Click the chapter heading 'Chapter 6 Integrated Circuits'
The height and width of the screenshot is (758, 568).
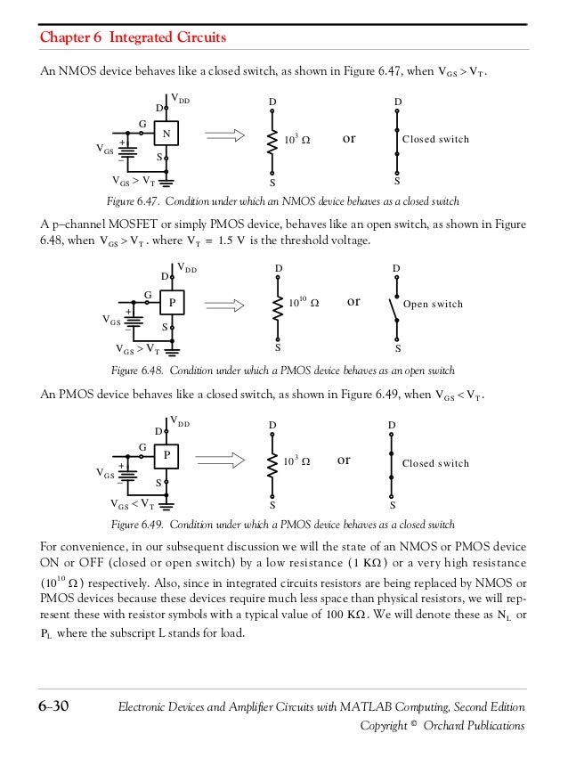[x=134, y=38]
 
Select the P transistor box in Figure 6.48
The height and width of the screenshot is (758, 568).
[x=171, y=302]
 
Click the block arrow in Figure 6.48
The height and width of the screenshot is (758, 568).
[x=231, y=304]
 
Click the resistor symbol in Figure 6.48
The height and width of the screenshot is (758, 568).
[x=279, y=304]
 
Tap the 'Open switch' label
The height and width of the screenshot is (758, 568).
[x=434, y=305]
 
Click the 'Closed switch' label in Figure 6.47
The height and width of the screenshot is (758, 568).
[x=435, y=140]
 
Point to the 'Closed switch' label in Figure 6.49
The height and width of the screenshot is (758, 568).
[x=435, y=463]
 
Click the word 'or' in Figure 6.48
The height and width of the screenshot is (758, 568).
[x=353, y=302]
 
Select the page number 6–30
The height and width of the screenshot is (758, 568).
[x=54, y=707]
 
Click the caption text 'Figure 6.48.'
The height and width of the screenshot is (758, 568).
[x=136, y=370]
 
